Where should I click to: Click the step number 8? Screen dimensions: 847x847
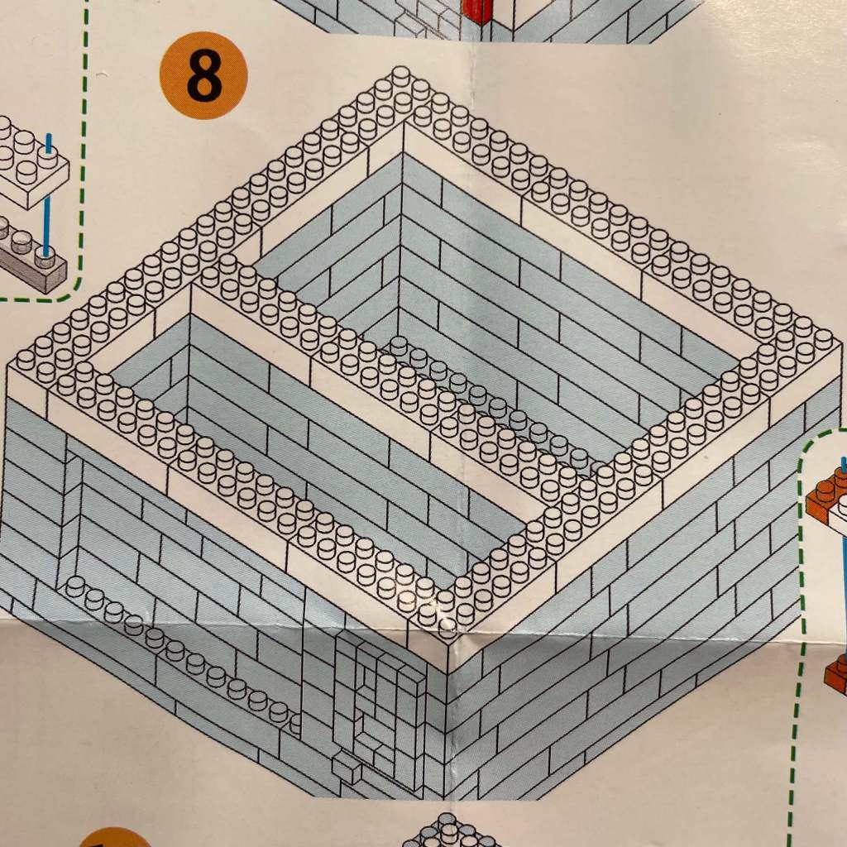tap(203, 75)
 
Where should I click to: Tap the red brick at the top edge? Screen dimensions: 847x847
tap(476, 10)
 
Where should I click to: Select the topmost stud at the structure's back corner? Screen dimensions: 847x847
tap(401, 76)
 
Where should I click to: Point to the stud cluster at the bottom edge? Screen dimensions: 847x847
tap(447, 831)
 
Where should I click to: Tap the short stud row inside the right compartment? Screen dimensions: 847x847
tap(488, 397)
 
